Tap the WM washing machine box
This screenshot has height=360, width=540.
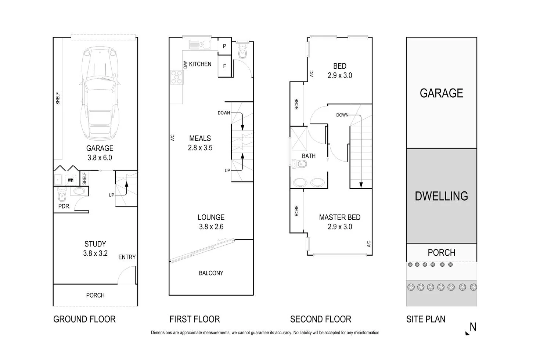pos(71,180)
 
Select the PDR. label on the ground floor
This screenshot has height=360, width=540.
pos(64,206)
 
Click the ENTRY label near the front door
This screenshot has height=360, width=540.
pos(127,257)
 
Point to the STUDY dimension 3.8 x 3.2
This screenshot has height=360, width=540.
pos(95,253)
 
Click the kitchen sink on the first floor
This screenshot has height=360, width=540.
pos(200,45)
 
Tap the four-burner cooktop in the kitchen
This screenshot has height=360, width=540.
pos(177,77)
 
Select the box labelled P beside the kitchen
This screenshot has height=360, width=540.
pos(224,46)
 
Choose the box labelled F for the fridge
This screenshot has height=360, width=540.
pos(224,66)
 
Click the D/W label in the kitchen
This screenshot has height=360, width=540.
pos(185,65)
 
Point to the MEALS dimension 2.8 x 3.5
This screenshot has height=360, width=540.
pos(200,148)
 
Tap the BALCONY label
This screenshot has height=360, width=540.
pos(211,273)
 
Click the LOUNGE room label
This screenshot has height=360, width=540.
pos(211,217)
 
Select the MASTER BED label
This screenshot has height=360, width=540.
pos(339,217)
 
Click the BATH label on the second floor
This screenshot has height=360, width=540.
pos(309,156)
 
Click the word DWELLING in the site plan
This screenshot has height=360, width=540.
pos(441,196)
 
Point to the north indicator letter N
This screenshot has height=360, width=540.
pos(473,327)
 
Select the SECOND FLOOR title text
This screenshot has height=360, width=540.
pos(320,319)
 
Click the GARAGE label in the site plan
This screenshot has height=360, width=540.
pos(441,93)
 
